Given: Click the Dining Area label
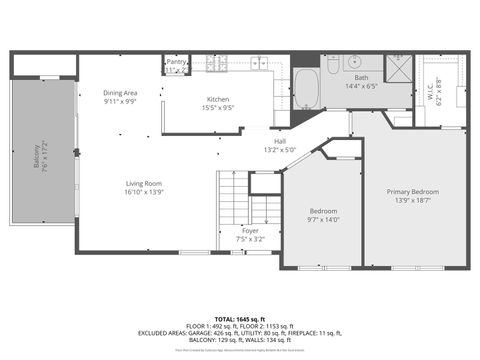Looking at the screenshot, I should [120, 93].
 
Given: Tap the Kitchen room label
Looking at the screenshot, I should [219, 99].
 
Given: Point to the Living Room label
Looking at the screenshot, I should [143, 183].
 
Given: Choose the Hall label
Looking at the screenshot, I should [281, 141].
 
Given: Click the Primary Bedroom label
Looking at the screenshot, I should [413, 191].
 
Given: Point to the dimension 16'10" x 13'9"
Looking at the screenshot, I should [143, 192].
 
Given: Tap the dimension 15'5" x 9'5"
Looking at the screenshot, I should [219, 108].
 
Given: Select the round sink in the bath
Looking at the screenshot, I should [356, 60].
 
